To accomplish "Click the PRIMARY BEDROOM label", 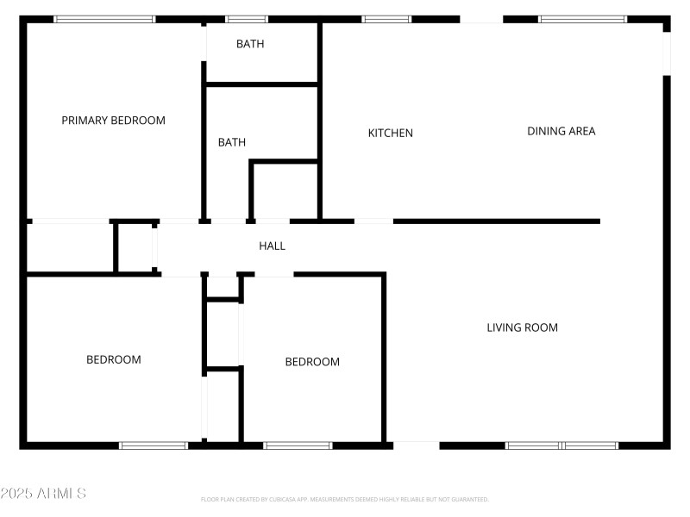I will click(x=113, y=121).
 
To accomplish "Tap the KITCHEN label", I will click(x=390, y=133).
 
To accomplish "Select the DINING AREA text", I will click(x=561, y=131).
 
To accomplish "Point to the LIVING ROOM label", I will click(x=522, y=327).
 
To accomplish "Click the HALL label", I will click(x=272, y=246).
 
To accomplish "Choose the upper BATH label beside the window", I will click(x=250, y=44).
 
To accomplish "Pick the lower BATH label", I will click(x=231, y=142).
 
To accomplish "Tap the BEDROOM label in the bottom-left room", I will click(x=113, y=359).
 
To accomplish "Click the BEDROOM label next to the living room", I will click(x=312, y=362).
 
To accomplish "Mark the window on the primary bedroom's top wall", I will click(x=104, y=19).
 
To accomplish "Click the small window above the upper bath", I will click(x=246, y=19).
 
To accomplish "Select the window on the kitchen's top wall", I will click(x=386, y=19).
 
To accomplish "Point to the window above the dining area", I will click(x=582, y=19).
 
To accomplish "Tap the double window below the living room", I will click(x=561, y=445).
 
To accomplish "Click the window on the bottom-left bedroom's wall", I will click(x=154, y=445).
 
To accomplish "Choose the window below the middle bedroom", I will click(x=298, y=445).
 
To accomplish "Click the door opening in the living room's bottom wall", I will click(x=416, y=445).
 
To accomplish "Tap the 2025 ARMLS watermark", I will click(x=43, y=494).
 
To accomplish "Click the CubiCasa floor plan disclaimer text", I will click(x=345, y=499).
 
